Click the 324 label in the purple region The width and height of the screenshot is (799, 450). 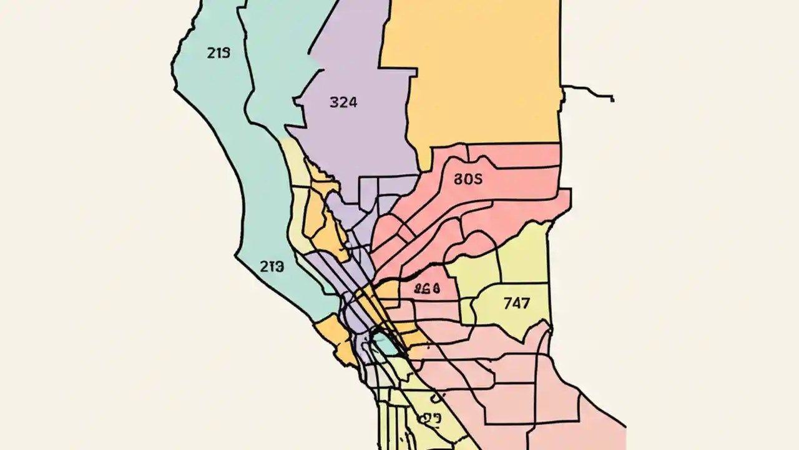pyautogui.click(x=343, y=102)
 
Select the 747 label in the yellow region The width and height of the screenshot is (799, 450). pyautogui.click(x=516, y=304)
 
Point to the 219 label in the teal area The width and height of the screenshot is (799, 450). pyautogui.click(x=218, y=53)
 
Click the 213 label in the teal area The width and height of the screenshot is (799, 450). pyautogui.click(x=272, y=267)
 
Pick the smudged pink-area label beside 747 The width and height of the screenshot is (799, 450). pyautogui.click(x=428, y=289)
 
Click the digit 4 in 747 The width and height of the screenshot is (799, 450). pyautogui.click(x=516, y=304)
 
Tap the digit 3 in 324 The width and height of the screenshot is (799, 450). pyautogui.click(x=333, y=102)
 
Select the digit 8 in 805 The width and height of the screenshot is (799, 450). pyautogui.click(x=458, y=179)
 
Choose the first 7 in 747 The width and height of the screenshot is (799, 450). pyautogui.click(x=507, y=304)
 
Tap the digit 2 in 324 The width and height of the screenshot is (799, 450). pyautogui.click(x=343, y=102)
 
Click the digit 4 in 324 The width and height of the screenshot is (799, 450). pyautogui.click(x=352, y=102)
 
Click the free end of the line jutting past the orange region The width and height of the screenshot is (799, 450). pyautogui.click(x=613, y=99)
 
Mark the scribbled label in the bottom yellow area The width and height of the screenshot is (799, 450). pyautogui.click(x=431, y=417)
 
